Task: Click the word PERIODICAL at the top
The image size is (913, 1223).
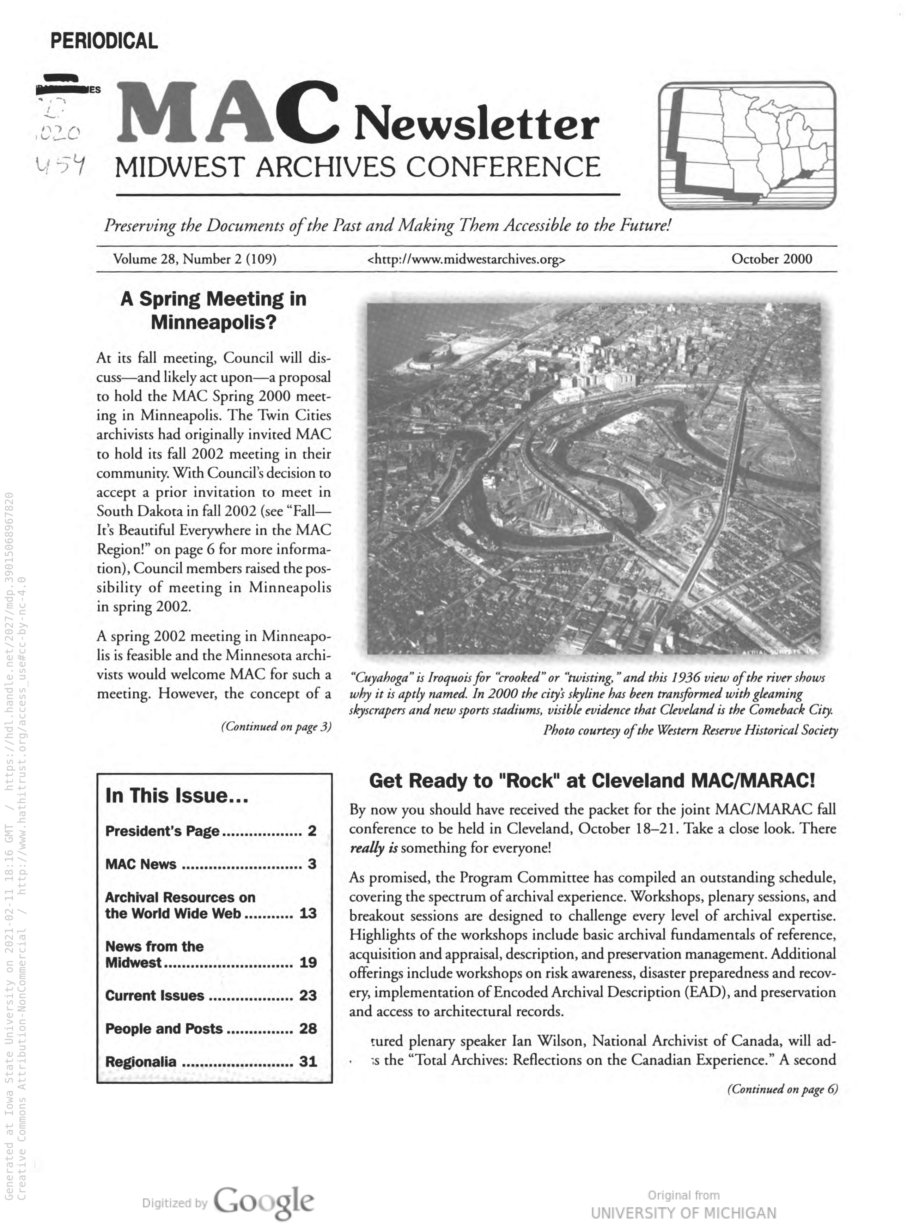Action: click(x=104, y=41)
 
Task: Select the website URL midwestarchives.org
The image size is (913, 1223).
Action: click(x=466, y=259)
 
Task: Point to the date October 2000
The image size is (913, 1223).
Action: click(x=772, y=259)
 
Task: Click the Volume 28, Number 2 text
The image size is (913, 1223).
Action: click(x=195, y=259)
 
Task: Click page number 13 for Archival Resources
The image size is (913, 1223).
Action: click(x=308, y=913)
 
